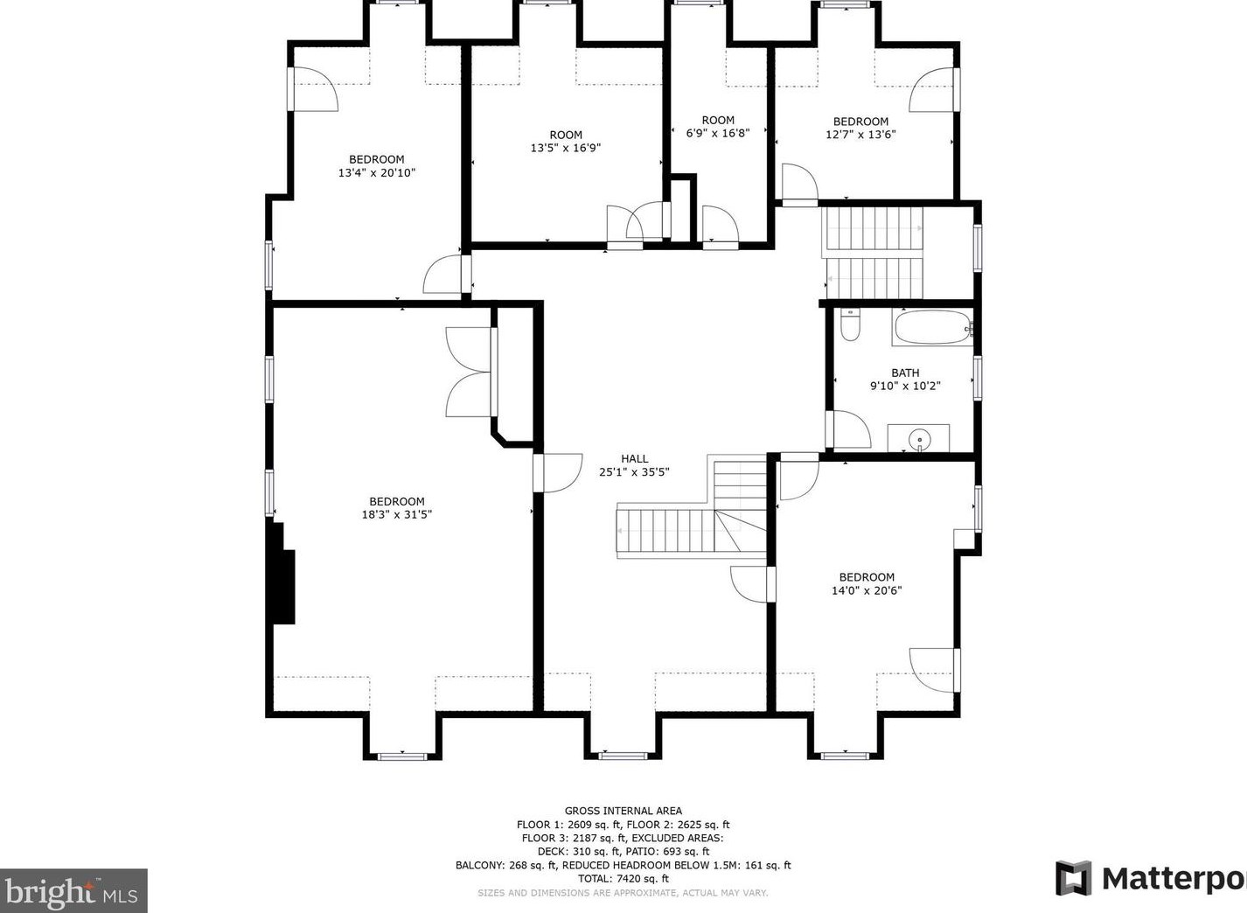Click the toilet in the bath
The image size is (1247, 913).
coord(850,325)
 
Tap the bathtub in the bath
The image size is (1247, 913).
coord(933,327)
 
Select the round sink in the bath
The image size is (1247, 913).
coord(918,441)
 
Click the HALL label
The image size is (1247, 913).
coord(635,459)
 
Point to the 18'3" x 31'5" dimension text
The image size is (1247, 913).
coord(397,514)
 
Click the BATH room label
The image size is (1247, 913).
coord(905,373)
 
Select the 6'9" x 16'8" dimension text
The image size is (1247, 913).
coord(718,133)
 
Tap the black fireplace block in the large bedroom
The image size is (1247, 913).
coord(282,574)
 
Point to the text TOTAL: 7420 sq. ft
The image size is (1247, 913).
coord(623,879)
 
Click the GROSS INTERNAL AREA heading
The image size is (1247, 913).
coord(623,811)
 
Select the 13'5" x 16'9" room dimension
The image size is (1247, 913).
coord(566,148)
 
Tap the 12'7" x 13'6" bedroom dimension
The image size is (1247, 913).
coord(860,134)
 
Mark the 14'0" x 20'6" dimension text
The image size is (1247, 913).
coord(867,590)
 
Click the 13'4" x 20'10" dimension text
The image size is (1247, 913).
coord(377,172)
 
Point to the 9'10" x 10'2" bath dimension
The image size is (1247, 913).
coord(905,386)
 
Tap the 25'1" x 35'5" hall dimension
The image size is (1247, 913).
coord(634,472)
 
